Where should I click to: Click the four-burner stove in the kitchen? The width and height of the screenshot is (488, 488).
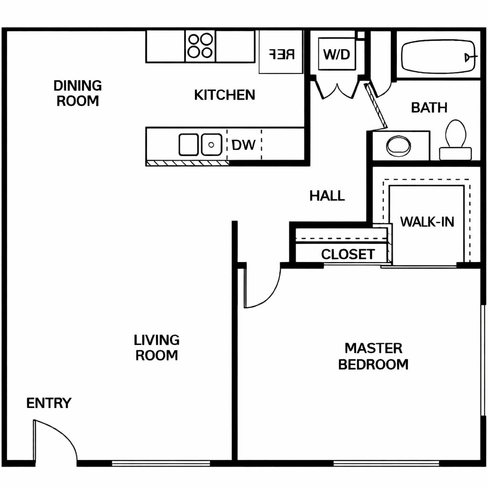click(x=201, y=46)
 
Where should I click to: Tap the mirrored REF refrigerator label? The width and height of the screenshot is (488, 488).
click(x=281, y=54)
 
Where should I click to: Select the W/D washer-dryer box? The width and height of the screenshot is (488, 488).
click(x=337, y=54)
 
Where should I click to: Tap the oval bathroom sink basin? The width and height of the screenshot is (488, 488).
click(x=398, y=146)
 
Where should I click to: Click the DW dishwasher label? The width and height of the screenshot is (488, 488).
click(x=244, y=145)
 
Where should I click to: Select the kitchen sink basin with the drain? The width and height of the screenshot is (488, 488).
click(x=212, y=144)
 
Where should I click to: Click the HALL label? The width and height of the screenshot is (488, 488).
click(x=327, y=196)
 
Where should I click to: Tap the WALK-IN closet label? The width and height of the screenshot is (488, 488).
click(x=427, y=222)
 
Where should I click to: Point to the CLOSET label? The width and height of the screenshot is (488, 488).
click(x=347, y=254)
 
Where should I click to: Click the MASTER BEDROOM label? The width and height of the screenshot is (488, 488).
click(x=373, y=356)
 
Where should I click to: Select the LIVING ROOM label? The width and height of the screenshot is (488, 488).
click(x=156, y=347)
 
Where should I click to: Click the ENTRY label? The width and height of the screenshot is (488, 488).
click(x=49, y=403)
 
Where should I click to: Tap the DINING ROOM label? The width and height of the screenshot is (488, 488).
click(x=78, y=93)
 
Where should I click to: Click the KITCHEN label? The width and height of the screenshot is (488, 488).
click(x=224, y=95)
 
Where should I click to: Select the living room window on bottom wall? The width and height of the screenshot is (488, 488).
click(x=161, y=463)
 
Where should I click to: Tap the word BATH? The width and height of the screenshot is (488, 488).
click(x=429, y=108)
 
